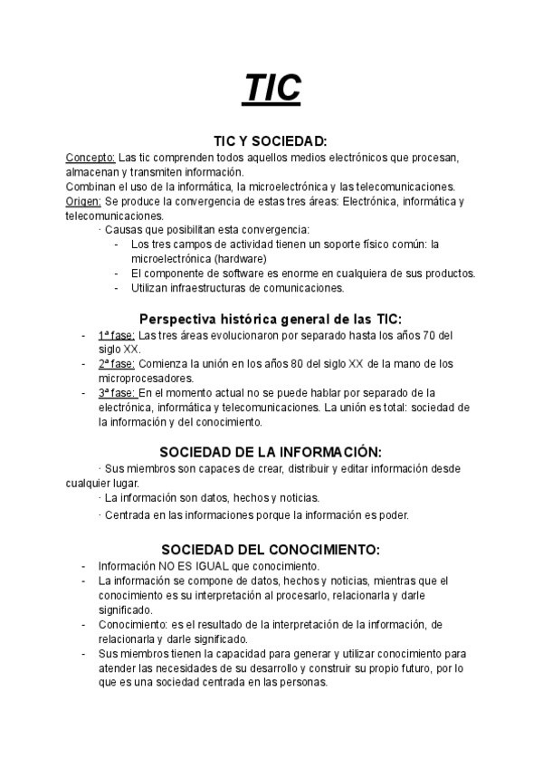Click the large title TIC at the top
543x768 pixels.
click(x=271, y=89)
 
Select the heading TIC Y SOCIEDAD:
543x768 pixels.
click(x=271, y=141)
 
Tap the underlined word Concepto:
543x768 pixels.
click(x=90, y=157)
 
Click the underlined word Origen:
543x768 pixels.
click(x=83, y=201)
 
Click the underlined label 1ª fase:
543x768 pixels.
click(x=117, y=334)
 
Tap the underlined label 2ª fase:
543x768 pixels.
click(x=118, y=363)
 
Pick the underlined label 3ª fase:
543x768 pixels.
click(x=118, y=392)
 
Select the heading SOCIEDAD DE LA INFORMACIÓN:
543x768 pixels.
click(x=271, y=451)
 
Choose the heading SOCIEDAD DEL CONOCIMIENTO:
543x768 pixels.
click(x=271, y=550)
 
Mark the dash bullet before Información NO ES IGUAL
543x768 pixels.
click(x=84, y=566)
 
